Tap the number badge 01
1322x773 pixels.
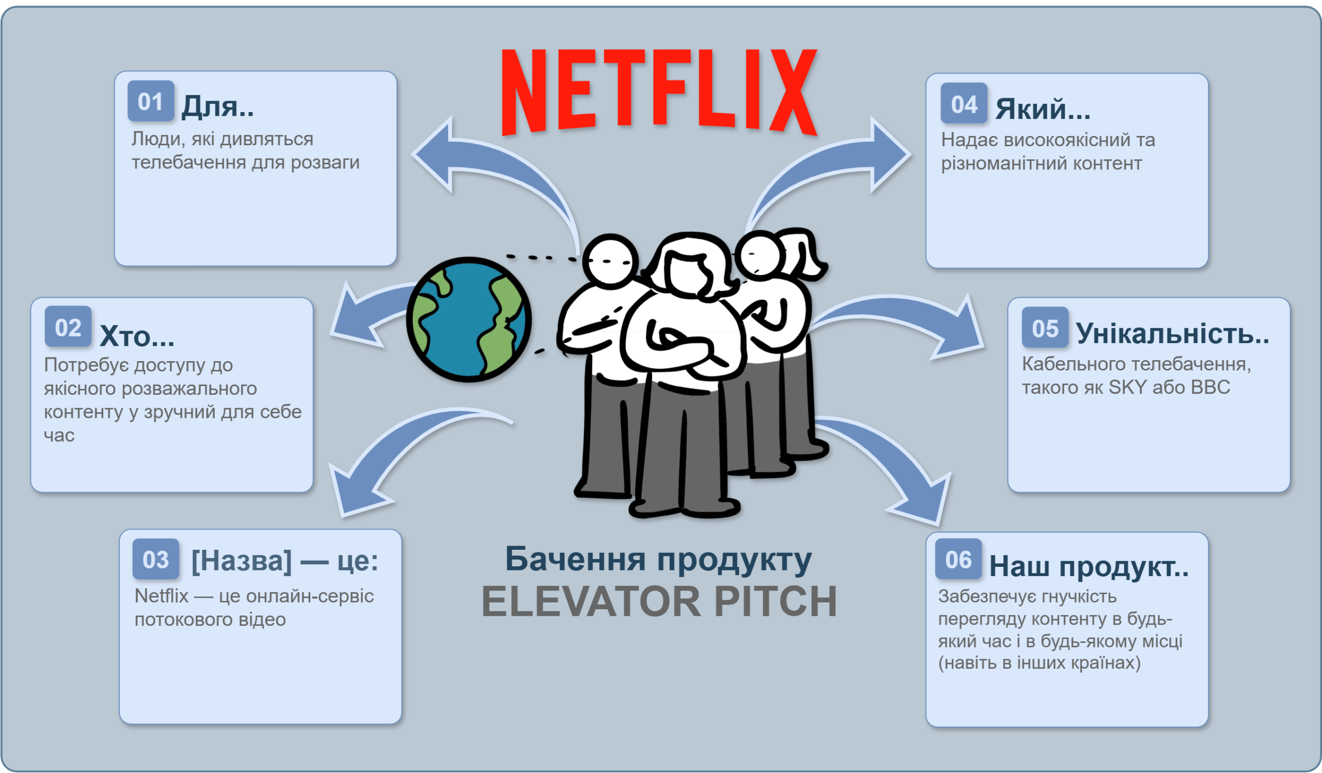[x=151, y=101]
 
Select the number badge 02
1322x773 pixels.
[x=68, y=327]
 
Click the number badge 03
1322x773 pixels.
[x=156, y=560]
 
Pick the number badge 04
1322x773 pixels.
[x=964, y=104]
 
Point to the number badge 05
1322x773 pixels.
[x=1045, y=328]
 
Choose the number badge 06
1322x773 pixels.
[x=958, y=560]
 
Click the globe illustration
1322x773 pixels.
[x=468, y=319]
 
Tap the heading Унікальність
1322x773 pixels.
[x=1172, y=333]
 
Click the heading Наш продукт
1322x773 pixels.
[x=1089, y=566]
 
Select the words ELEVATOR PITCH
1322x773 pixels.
[x=659, y=601]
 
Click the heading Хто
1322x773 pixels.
[x=136, y=336]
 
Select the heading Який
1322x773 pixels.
[x=1043, y=109]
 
